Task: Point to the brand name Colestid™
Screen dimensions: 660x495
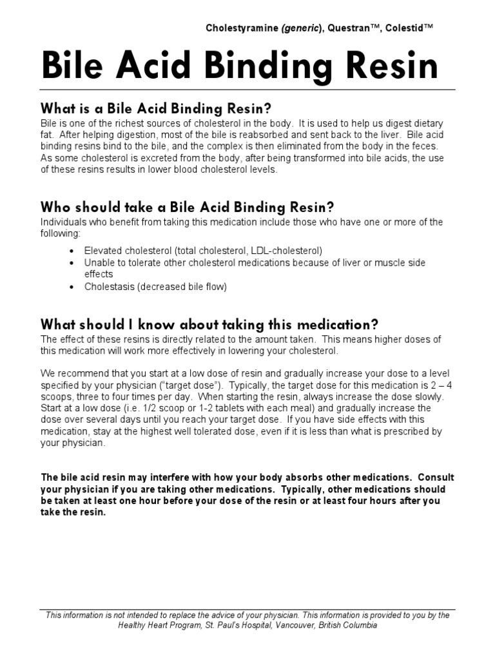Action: (410, 28)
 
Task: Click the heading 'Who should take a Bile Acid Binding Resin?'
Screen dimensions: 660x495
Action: (188, 207)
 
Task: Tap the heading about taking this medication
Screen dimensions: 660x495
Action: (209, 324)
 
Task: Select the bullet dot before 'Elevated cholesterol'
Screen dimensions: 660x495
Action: (71, 250)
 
